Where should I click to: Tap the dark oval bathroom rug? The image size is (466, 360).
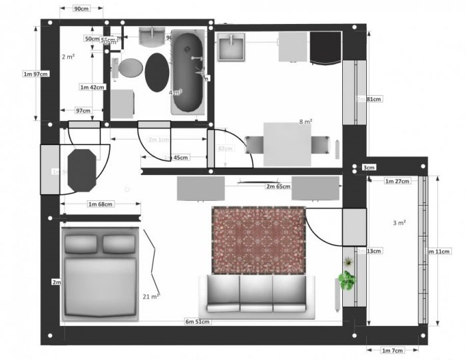point(157,73)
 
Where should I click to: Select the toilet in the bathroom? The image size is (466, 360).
point(129,68)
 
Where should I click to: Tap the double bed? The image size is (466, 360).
point(99,274)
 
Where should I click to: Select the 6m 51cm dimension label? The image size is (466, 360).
point(198,322)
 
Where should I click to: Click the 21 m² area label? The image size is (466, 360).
point(150,296)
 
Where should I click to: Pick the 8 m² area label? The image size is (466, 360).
point(306,122)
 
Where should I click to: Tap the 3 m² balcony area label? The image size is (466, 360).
point(399,223)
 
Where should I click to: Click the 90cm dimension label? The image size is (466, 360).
point(82,9)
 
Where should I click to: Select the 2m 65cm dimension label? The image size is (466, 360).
point(278,187)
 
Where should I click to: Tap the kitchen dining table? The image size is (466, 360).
point(287,144)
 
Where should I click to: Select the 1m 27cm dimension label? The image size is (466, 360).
point(397,181)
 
